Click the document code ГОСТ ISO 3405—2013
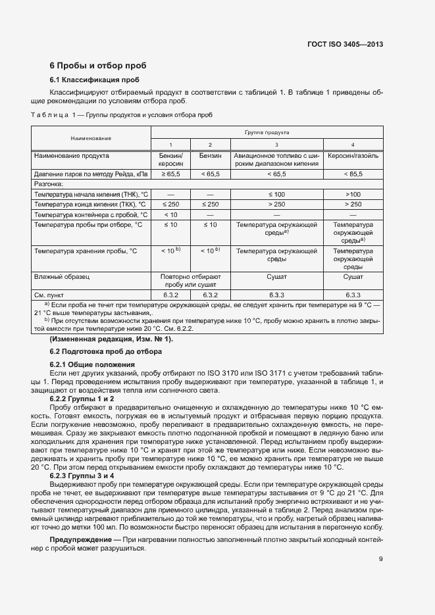click(345, 44)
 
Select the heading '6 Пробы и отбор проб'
click(98, 66)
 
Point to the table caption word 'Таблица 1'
click(55, 115)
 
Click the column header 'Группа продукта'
click(267, 132)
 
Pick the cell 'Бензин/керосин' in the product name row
click(170, 160)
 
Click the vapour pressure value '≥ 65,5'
click(170, 174)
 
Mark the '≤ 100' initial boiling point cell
click(276, 195)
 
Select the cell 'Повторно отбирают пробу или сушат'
click(191, 282)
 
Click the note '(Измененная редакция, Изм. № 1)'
click(111, 339)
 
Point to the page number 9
click(381, 560)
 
